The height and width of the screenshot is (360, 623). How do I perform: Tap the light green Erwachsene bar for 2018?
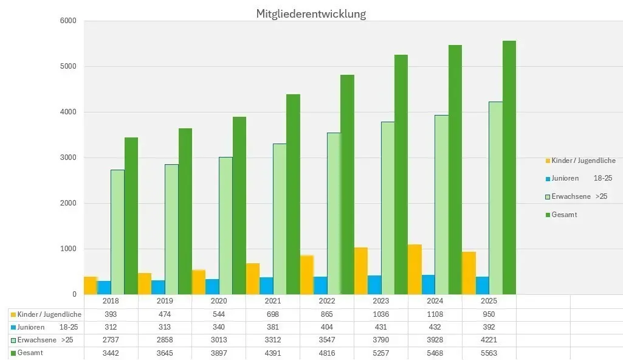(117, 232)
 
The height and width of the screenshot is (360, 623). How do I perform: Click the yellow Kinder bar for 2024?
(415, 269)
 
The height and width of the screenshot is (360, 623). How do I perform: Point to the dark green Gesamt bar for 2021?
(293, 194)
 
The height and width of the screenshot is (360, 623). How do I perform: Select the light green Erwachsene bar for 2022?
(334, 213)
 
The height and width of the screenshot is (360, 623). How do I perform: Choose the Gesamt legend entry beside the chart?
(564, 215)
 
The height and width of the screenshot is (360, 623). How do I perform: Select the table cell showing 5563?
(489, 353)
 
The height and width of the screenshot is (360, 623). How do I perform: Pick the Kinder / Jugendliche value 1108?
(435, 314)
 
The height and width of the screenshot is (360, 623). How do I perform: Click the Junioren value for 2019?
(165, 327)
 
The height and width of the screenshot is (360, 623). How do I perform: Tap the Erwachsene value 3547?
(327, 340)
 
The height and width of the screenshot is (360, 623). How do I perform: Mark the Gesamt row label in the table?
(30, 353)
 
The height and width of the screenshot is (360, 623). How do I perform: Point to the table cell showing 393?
(111, 314)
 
